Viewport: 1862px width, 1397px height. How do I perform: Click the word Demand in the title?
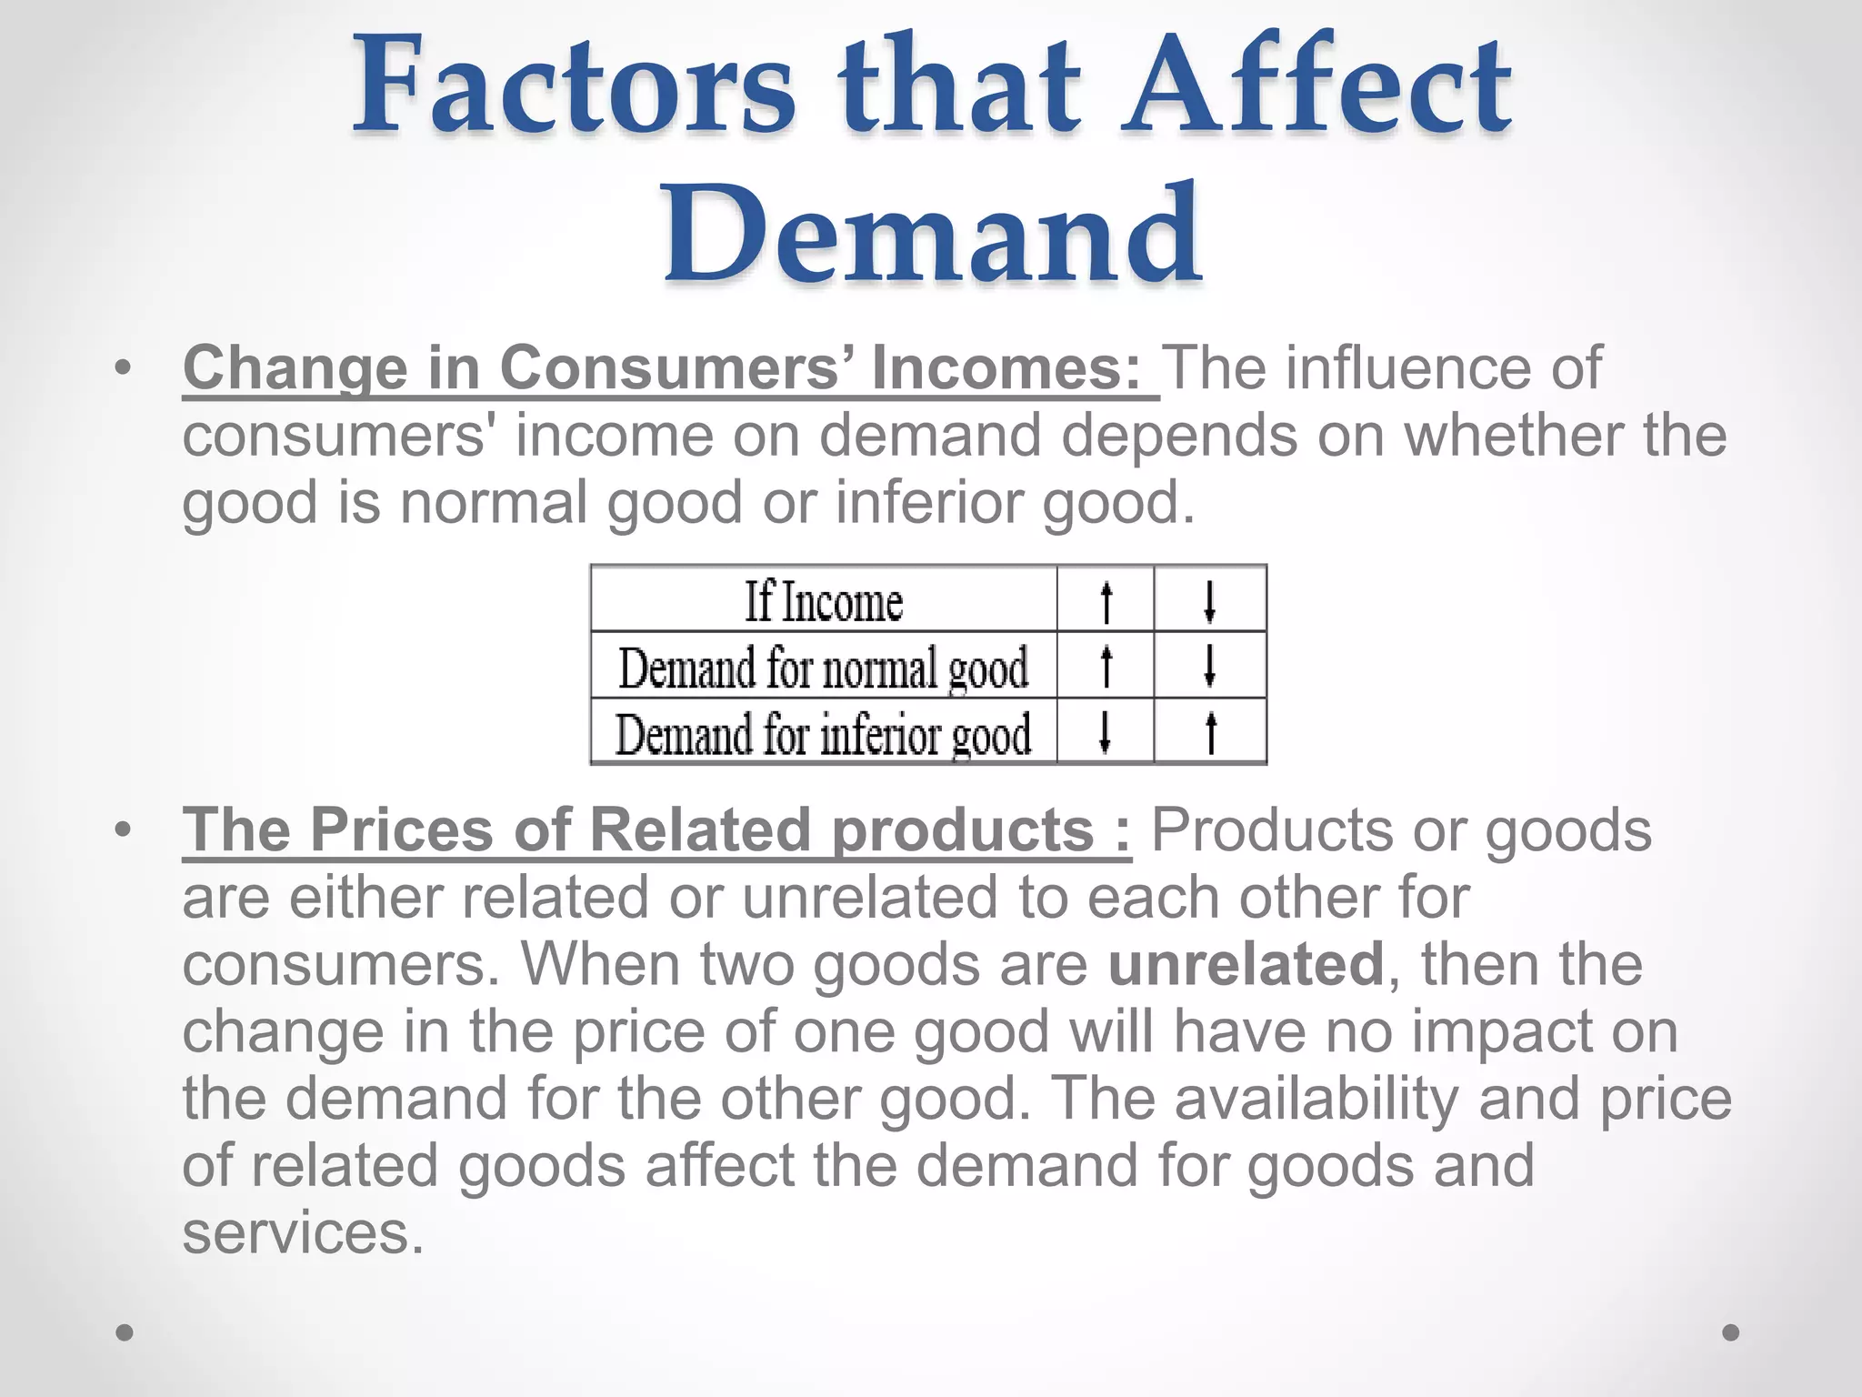tap(933, 235)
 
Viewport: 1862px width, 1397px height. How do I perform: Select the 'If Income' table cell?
tap(824, 601)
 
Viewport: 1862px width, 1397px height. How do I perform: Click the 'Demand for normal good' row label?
tap(824, 668)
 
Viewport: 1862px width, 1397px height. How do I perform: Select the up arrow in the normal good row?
tap(1106, 667)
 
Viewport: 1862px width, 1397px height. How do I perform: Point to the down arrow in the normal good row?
tap(1209, 667)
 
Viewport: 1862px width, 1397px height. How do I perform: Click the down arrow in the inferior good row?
tap(1105, 733)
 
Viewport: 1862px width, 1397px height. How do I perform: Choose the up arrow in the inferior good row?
tap(1210, 733)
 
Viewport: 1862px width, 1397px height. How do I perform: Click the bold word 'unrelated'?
tap(1246, 964)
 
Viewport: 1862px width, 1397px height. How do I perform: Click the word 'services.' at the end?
tap(304, 1233)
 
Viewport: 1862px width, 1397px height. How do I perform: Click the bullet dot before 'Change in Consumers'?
tap(124, 369)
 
